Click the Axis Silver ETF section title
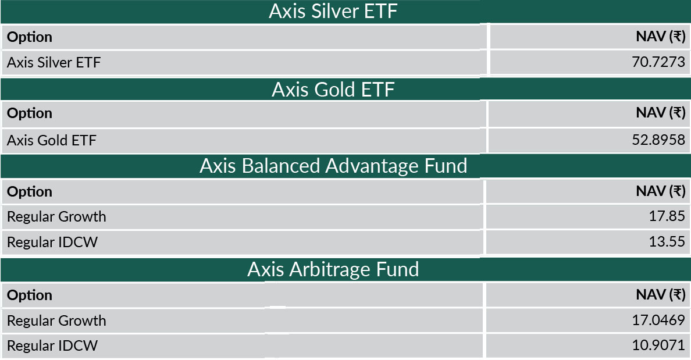(x=333, y=12)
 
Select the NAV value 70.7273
(x=658, y=62)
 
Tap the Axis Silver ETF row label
(x=54, y=63)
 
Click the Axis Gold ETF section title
(x=333, y=90)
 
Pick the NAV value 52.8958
(x=658, y=140)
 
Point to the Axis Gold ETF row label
(x=52, y=140)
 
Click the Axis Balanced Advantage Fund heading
(x=333, y=166)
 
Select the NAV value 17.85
(x=667, y=216)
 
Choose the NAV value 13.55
(x=667, y=241)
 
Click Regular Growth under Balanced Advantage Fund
(x=56, y=217)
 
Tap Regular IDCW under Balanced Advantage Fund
(x=52, y=243)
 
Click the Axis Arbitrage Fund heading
(x=333, y=269)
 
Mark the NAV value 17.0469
(x=658, y=320)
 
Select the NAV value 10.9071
(x=658, y=345)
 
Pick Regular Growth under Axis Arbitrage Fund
(x=56, y=321)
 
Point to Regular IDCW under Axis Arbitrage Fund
(x=52, y=346)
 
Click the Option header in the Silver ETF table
(x=30, y=37)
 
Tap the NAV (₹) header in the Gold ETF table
(x=661, y=113)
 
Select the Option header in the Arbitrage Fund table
(x=30, y=295)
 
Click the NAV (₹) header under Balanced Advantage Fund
(x=661, y=192)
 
